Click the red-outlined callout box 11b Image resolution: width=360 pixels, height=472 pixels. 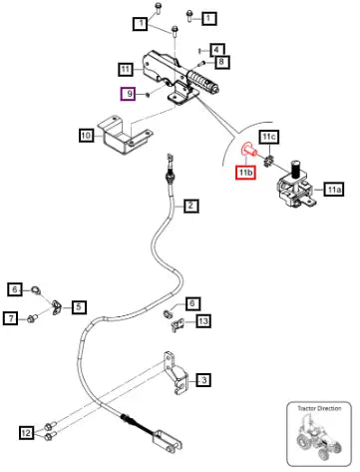[245, 173]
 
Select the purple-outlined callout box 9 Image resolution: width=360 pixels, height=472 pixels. [128, 94]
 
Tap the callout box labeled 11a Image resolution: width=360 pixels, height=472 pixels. [333, 190]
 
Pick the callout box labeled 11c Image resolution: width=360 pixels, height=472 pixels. [269, 137]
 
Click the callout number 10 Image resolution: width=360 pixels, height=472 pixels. [86, 136]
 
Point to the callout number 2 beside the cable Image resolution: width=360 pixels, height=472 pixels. [190, 206]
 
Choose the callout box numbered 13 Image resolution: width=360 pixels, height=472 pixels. [202, 321]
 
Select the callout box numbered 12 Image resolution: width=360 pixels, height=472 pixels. [26, 433]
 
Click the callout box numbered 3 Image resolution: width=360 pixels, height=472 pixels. [203, 379]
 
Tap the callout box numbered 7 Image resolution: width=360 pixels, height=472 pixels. [11, 318]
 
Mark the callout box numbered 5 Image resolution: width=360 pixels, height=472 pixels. [79, 306]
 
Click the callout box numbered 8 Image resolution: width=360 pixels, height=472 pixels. [222, 62]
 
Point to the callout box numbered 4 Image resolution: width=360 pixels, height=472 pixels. [216, 50]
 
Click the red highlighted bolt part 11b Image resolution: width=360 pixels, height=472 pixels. [249, 150]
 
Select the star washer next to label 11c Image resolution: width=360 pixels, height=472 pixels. [268, 162]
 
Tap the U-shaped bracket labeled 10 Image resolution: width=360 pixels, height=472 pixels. [124, 135]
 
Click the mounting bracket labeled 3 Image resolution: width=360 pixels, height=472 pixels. [176, 373]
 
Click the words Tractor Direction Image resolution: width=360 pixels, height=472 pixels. [319, 408]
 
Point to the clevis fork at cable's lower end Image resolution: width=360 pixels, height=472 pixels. [168, 442]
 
